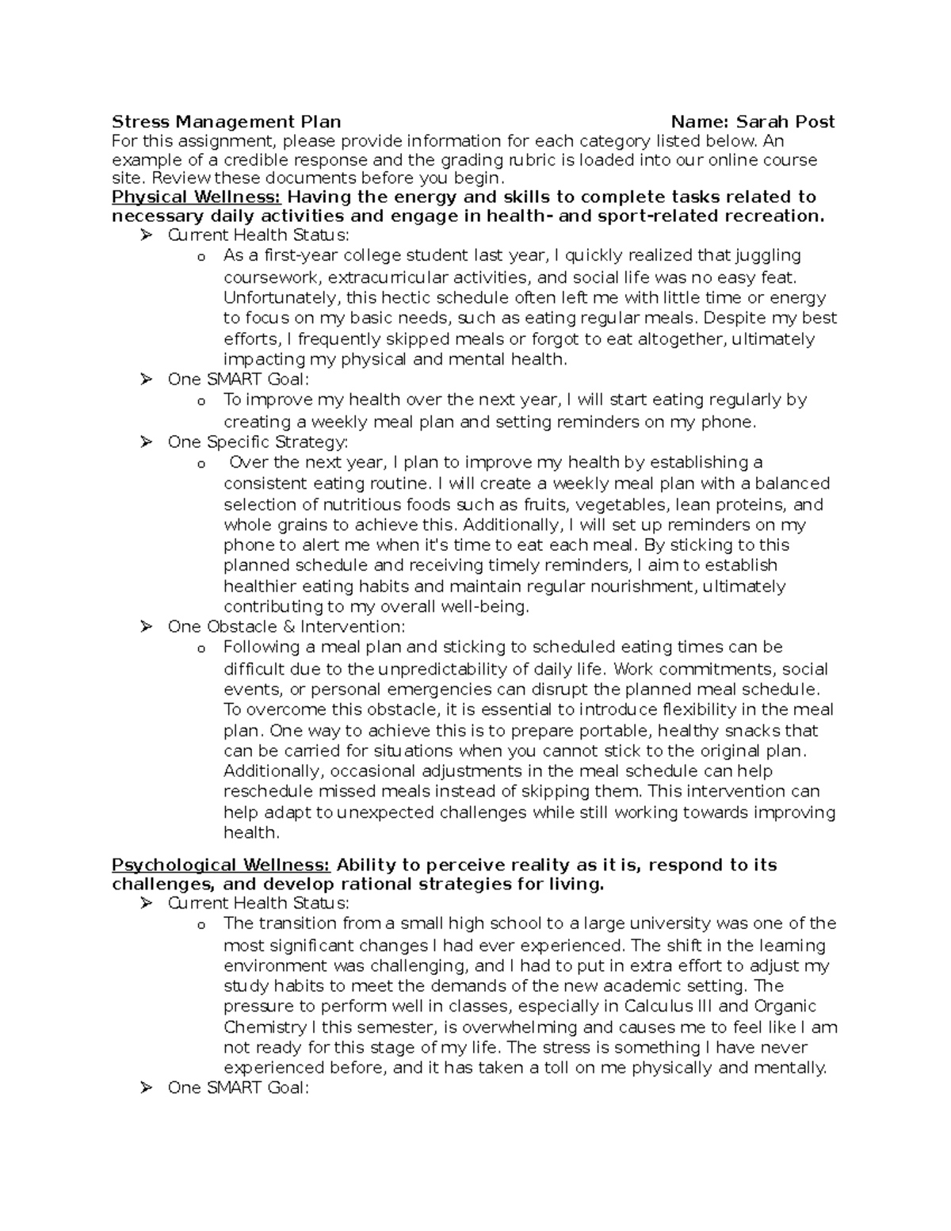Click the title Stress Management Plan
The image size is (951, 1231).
(226, 122)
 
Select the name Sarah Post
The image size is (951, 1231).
(785, 122)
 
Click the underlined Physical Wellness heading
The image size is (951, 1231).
(197, 197)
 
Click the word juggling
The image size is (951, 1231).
(768, 256)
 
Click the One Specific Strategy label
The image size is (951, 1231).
(258, 442)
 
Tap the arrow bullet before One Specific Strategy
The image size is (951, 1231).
(146, 442)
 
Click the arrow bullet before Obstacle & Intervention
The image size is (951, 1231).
(146, 627)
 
